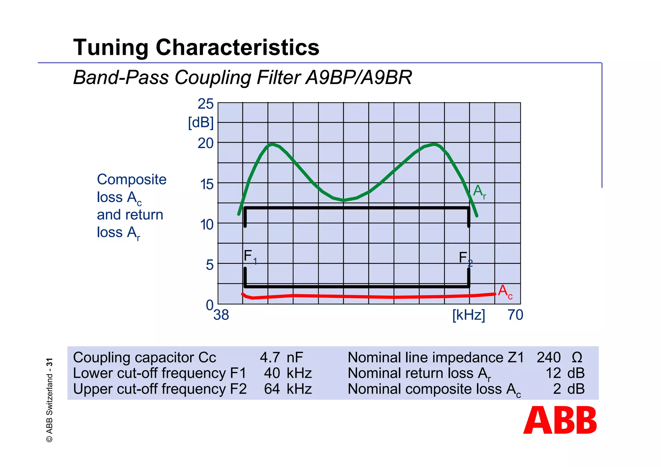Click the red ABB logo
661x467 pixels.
[560, 420]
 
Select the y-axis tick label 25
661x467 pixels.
[206, 104]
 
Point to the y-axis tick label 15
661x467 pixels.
[207, 185]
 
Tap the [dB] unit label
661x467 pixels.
[201, 123]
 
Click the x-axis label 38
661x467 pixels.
[221, 315]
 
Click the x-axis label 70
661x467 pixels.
[515, 315]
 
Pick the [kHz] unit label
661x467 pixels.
[469, 315]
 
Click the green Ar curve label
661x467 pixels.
[479, 191]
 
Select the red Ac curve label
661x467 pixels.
[505, 292]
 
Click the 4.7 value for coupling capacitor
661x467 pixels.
[269, 358]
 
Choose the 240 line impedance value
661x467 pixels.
[549, 358]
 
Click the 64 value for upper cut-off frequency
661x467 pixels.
[272, 389]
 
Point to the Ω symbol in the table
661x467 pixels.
[577, 358]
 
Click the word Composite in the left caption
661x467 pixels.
[132, 179]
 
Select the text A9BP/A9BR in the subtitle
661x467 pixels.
[359, 78]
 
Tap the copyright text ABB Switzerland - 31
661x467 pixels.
[49, 400]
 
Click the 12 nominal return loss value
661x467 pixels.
[553, 373]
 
